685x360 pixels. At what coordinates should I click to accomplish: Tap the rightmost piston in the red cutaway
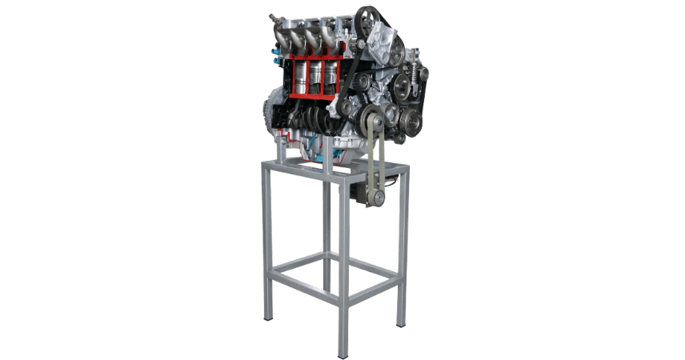pyautogui.click(x=330, y=77)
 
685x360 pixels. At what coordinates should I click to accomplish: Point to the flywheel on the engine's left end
pyautogui.click(x=271, y=112)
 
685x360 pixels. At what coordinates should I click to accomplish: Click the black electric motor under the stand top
pyautogui.click(x=368, y=192)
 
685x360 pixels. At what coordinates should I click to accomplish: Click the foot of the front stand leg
pyautogui.click(x=342, y=352)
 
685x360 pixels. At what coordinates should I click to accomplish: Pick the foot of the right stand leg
pyautogui.click(x=401, y=322)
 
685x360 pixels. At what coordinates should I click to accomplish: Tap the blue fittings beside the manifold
pyautogui.click(x=277, y=61)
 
